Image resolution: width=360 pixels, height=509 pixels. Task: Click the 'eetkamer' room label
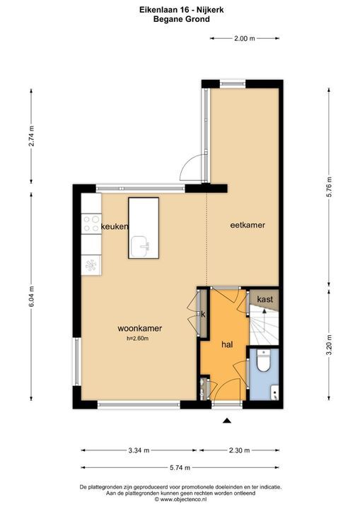(248, 225)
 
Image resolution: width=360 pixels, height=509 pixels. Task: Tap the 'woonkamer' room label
(140, 329)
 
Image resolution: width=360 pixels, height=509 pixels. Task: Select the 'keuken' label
(115, 227)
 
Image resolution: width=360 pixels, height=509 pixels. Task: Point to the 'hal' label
(227, 345)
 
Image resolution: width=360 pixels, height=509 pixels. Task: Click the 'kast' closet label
(265, 299)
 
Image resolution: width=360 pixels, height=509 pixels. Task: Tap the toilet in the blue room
(263, 361)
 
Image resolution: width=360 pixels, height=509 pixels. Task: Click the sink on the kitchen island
(140, 246)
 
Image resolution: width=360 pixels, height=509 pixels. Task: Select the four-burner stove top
(91, 223)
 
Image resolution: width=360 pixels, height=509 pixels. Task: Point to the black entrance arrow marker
(227, 421)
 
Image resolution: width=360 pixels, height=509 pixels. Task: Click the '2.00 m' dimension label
(245, 38)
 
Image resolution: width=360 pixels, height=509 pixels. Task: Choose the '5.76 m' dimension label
(329, 187)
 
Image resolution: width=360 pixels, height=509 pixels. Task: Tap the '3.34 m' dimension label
(139, 450)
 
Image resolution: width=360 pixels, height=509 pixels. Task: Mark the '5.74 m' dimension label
(180, 468)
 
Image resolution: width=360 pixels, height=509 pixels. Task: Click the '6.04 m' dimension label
(32, 296)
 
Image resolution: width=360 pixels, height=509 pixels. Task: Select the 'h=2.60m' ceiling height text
(138, 339)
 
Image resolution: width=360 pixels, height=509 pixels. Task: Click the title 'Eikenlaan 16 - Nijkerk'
(182, 10)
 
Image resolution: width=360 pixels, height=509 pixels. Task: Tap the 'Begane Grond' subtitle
(182, 19)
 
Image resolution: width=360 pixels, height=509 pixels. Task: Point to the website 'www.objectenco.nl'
(183, 499)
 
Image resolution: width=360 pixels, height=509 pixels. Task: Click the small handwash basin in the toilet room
(274, 392)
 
